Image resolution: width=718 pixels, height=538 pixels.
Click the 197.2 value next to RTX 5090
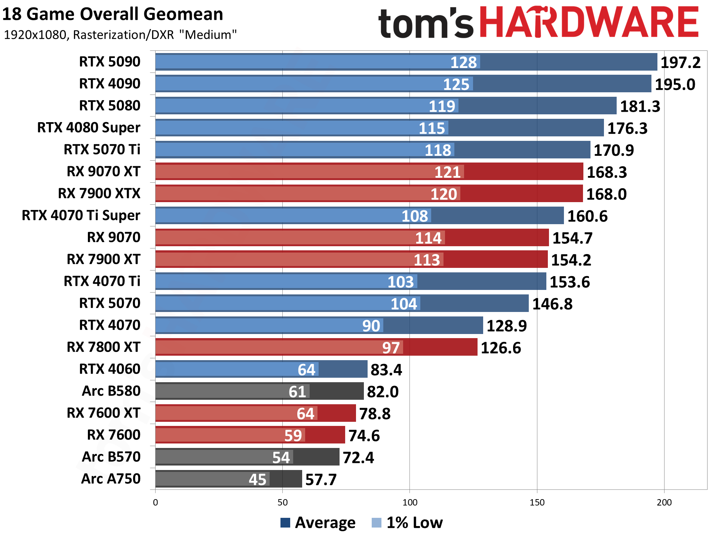[680, 62]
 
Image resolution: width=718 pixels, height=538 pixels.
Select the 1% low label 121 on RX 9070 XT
[447, 172]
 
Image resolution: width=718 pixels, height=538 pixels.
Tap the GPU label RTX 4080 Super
[89, 128]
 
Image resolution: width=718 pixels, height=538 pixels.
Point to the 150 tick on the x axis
[537, 503]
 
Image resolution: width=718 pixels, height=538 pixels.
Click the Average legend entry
[318, 522]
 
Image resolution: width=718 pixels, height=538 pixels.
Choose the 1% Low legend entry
[407, 522]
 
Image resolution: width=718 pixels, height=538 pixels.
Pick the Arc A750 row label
[111, 479]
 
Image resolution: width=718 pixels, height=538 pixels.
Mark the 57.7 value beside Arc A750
[321, 480]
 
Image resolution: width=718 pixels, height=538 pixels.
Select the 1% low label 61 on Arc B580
[297, 392]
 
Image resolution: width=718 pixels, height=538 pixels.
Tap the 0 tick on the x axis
[156, 503]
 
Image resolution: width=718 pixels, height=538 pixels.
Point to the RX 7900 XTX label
[99, 194]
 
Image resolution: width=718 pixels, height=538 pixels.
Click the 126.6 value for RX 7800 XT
[500, 348]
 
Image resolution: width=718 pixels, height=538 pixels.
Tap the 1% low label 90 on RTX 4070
[371, 326]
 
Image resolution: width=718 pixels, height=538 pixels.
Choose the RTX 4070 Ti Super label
[81, 216]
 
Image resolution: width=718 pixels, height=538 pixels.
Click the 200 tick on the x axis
[664, 503]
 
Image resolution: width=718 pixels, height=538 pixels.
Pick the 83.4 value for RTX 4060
[386, 370]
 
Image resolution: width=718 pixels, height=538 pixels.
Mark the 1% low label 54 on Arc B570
[281, 458]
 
